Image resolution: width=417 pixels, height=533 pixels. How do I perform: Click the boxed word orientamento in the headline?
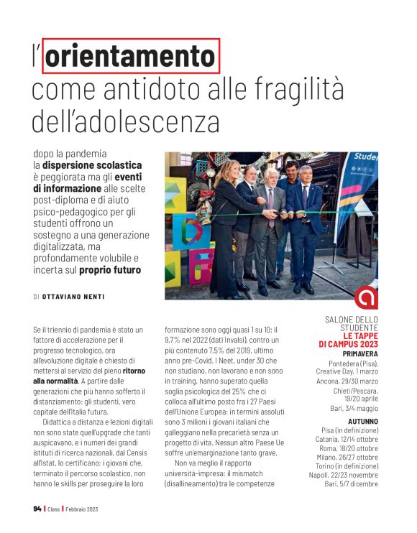point(131,56)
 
